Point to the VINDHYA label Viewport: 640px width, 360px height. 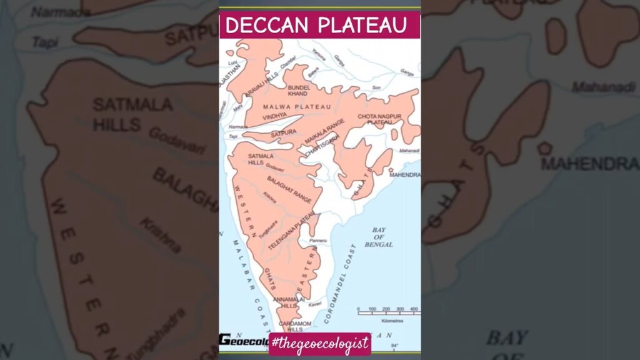click(275, 116)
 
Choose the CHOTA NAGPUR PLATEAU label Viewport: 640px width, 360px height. click(379, 119)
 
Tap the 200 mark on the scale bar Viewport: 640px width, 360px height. click(386, 309)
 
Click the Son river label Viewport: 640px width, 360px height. click(376, 87)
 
